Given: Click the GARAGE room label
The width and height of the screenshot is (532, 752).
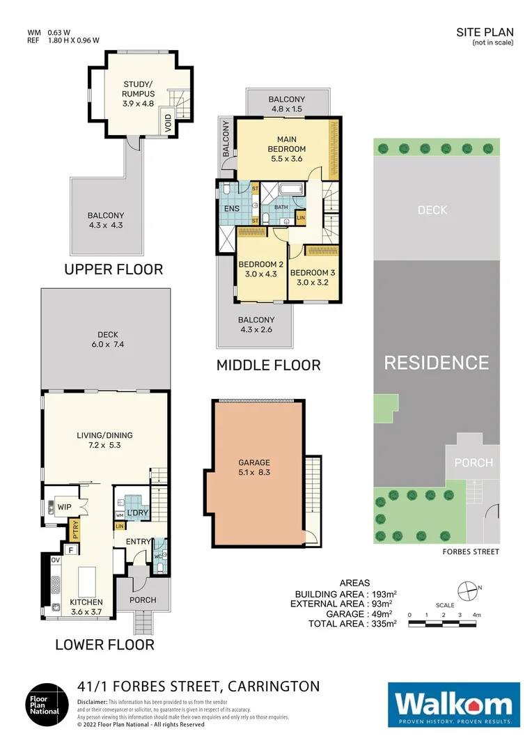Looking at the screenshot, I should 253,462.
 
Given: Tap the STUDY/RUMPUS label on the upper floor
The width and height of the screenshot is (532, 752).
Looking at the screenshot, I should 138,89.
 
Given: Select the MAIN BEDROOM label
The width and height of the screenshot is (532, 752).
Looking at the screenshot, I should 287,144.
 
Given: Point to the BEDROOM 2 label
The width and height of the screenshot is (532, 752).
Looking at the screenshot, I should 261,265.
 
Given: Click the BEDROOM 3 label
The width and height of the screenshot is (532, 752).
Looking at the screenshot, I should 313,272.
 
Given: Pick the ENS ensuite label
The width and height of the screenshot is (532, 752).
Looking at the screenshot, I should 231,207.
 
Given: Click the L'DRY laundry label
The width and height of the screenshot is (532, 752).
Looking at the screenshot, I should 136,513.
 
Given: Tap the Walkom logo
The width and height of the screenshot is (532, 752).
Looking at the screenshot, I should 453,705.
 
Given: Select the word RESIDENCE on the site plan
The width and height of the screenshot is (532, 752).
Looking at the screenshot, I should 437,363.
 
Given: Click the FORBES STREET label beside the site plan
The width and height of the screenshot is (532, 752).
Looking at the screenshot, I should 470,551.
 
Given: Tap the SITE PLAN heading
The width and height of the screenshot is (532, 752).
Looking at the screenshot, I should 485,32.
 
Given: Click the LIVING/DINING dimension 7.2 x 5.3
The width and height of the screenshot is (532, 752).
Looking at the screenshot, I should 104,445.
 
